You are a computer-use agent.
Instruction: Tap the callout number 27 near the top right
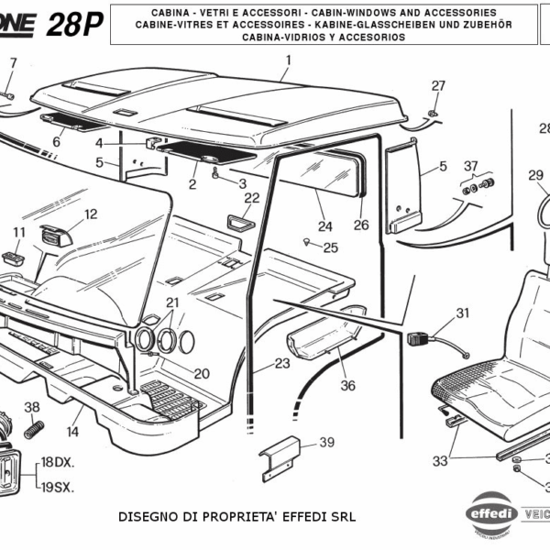[438, 85]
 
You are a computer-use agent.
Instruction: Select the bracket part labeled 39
[279, 458]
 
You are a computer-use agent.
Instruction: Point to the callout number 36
[347, 386]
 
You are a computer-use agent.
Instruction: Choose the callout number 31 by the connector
[462, 313]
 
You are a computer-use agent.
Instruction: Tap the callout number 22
[251, 197]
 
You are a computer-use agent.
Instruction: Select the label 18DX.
[57, 461]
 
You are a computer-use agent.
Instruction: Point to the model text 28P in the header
[76, 25]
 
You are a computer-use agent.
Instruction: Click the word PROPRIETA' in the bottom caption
[226, 517]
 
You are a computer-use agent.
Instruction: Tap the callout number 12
[91, 214]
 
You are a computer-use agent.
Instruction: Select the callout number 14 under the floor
[72, 432]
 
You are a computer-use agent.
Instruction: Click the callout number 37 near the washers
[471, 166]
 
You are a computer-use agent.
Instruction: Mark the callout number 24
[324, 226]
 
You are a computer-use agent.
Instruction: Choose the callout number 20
[202, 373]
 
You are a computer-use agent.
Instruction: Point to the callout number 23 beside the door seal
[281, 364]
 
